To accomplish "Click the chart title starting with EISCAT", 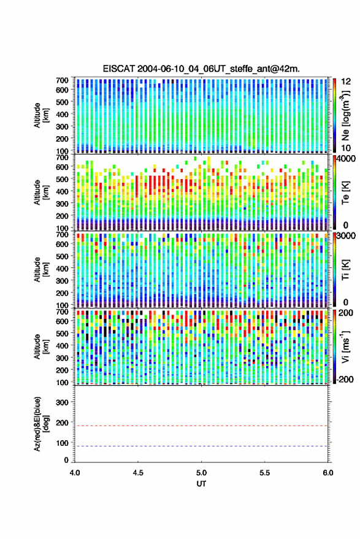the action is click(x=201, y=69).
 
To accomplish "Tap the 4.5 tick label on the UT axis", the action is click(x=138, y=473).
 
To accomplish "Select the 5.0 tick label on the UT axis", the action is click(x=201, y=473).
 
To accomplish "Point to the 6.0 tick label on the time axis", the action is click(x=328, y=473).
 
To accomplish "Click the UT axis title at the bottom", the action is click(x=201, y=484).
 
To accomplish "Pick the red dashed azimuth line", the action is click(x=201, y=426).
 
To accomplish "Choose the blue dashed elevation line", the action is click(x=201, y=446).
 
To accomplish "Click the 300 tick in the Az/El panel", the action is click(x=62, y=402).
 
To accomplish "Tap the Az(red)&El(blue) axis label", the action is click(x=42, y=424).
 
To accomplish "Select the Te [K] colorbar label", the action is click(x=345, y=193).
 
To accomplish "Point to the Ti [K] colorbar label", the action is click(x=345, y=270).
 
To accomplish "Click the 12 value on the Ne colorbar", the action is click(x=346, y=82).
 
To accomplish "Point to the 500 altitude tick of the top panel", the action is click(x=62, y=102).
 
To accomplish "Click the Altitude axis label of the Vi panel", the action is click(x=42, y=346).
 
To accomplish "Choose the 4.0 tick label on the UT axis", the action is click(x=75, y=473).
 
